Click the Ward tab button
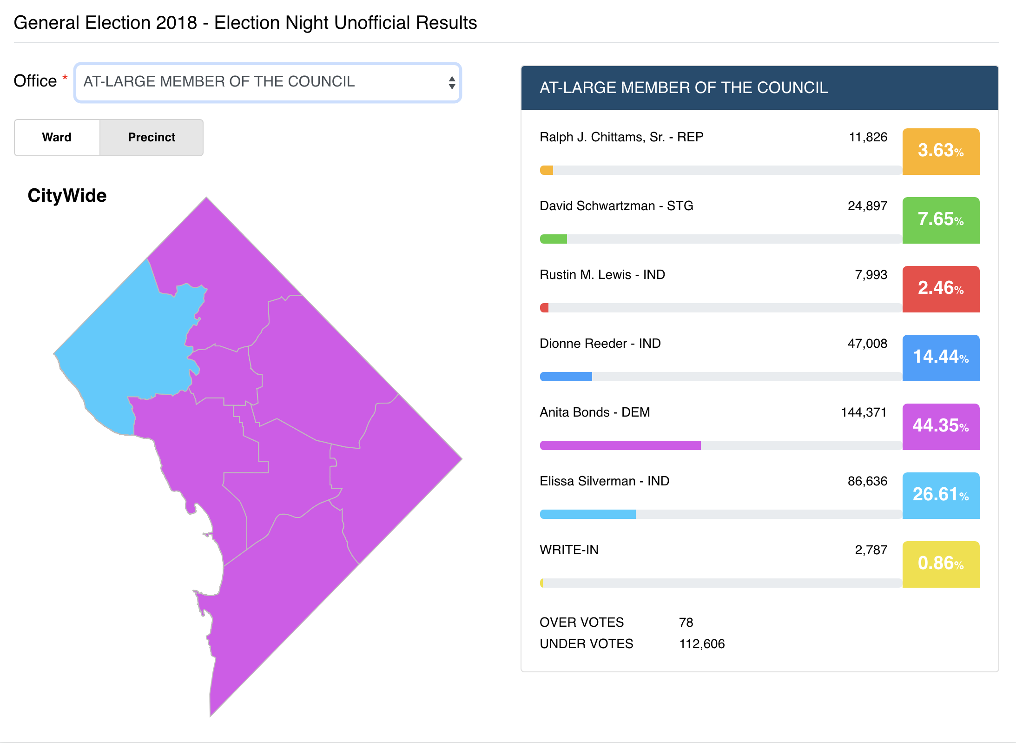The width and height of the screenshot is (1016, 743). [x=57, y=137]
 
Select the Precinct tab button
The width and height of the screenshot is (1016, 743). [x=152, y=137]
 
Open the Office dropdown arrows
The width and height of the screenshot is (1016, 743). [x=451, y=83]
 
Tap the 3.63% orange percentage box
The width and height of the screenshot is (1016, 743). [x=941, y=151]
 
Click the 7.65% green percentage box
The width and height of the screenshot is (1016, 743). [x=941, y=220]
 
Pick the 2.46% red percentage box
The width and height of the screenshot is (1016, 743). [x=941, y=289]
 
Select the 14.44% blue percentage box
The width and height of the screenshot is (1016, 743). [x=941, y=358]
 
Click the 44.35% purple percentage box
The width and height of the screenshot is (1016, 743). [x=941, y=426]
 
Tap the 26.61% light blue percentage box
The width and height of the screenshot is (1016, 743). [x=941, y=495]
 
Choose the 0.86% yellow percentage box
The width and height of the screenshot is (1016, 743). [x=941, y=564]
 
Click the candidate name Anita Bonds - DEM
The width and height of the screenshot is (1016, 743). [x=594, y=412]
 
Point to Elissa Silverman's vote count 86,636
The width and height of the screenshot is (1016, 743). [x=867, y=481]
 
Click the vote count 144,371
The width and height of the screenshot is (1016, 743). [x=864, y=412]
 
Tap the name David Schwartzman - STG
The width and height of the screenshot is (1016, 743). [x=616, y=206]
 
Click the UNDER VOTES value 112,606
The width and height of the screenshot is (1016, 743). [x=702, y=644]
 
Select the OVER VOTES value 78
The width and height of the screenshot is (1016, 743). [x=686, y=623]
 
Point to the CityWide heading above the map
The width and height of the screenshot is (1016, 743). [x=67, y=196]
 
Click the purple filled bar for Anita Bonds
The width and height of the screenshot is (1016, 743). [x=620, y=445]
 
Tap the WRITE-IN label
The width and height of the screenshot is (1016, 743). [x=569, y=550]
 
